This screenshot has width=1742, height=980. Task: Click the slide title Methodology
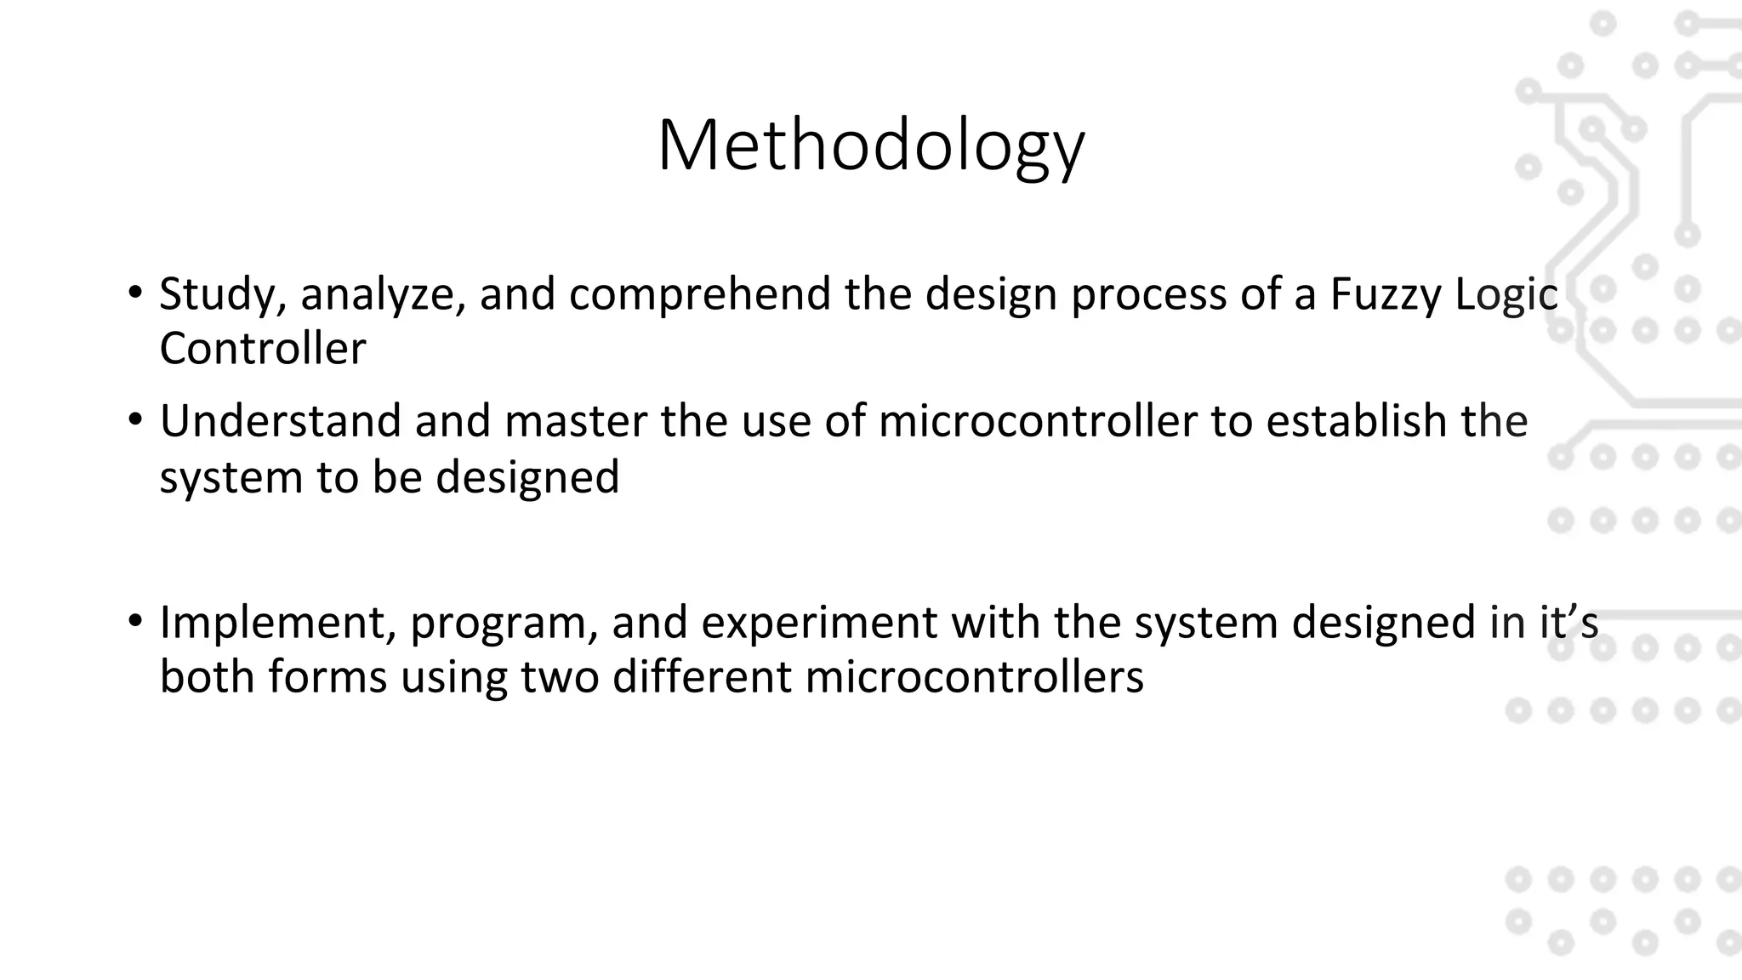(870, 146)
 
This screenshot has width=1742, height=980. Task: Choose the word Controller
(262, 349)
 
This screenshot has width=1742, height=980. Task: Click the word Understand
(280, 421)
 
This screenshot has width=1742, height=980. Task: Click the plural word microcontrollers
(974, 677)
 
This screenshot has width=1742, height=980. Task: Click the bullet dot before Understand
(135, 420)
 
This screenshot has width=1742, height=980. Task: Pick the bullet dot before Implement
(135, 621)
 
